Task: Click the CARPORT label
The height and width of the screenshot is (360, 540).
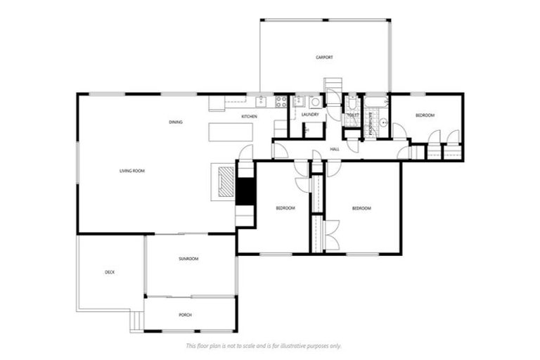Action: tap(324, 57)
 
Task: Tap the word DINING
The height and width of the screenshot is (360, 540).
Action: tap(176, 122)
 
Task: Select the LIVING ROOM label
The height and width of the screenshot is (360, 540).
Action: tap(132, 171)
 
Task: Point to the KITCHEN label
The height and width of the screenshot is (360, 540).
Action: tap(250, 116)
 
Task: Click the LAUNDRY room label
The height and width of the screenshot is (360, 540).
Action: tap(310, 114)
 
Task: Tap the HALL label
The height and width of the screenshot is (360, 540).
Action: tap(335, 149)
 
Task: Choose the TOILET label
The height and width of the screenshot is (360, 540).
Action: tap(353, 115)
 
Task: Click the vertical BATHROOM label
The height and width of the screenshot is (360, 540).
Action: tap(370, 121)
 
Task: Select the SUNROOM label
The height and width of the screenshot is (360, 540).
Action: tap(188, 259)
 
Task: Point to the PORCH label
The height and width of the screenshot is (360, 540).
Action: tap(186, 315)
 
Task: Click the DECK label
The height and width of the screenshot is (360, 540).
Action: tap(110, 272)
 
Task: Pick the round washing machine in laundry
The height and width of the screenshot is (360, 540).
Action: tap(315, 102)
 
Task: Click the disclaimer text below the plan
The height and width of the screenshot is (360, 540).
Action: tap(263, 345)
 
